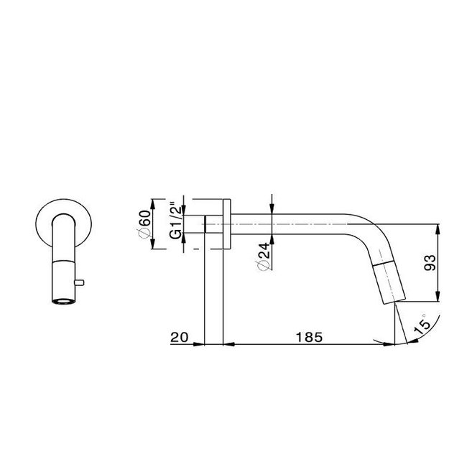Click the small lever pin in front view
click(x=81, y=279)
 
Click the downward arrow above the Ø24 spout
click(x=272, y=205)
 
